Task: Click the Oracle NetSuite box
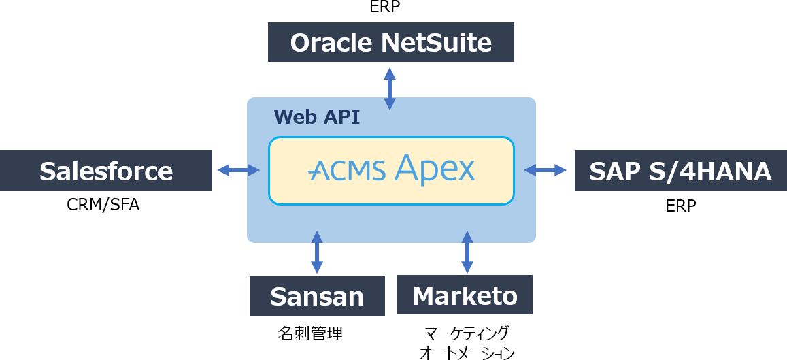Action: (390, 42)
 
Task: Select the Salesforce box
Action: (106, 171)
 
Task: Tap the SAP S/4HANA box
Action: (680, 171)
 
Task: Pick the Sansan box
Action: (317, 296)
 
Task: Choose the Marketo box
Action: (465, 295)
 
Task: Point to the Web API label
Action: (317, 117)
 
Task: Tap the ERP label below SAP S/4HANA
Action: (681, 206)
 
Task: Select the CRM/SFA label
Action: (103, 205)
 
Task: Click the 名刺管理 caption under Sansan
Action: (310, 333)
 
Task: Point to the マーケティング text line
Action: (466, 333)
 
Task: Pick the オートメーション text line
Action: (467, 353)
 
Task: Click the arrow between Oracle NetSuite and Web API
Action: (390, 88)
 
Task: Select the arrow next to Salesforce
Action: (238, 170)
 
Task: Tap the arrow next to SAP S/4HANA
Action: (546, 170)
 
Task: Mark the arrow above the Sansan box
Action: (317, 252)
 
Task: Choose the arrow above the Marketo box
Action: (467, 252)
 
